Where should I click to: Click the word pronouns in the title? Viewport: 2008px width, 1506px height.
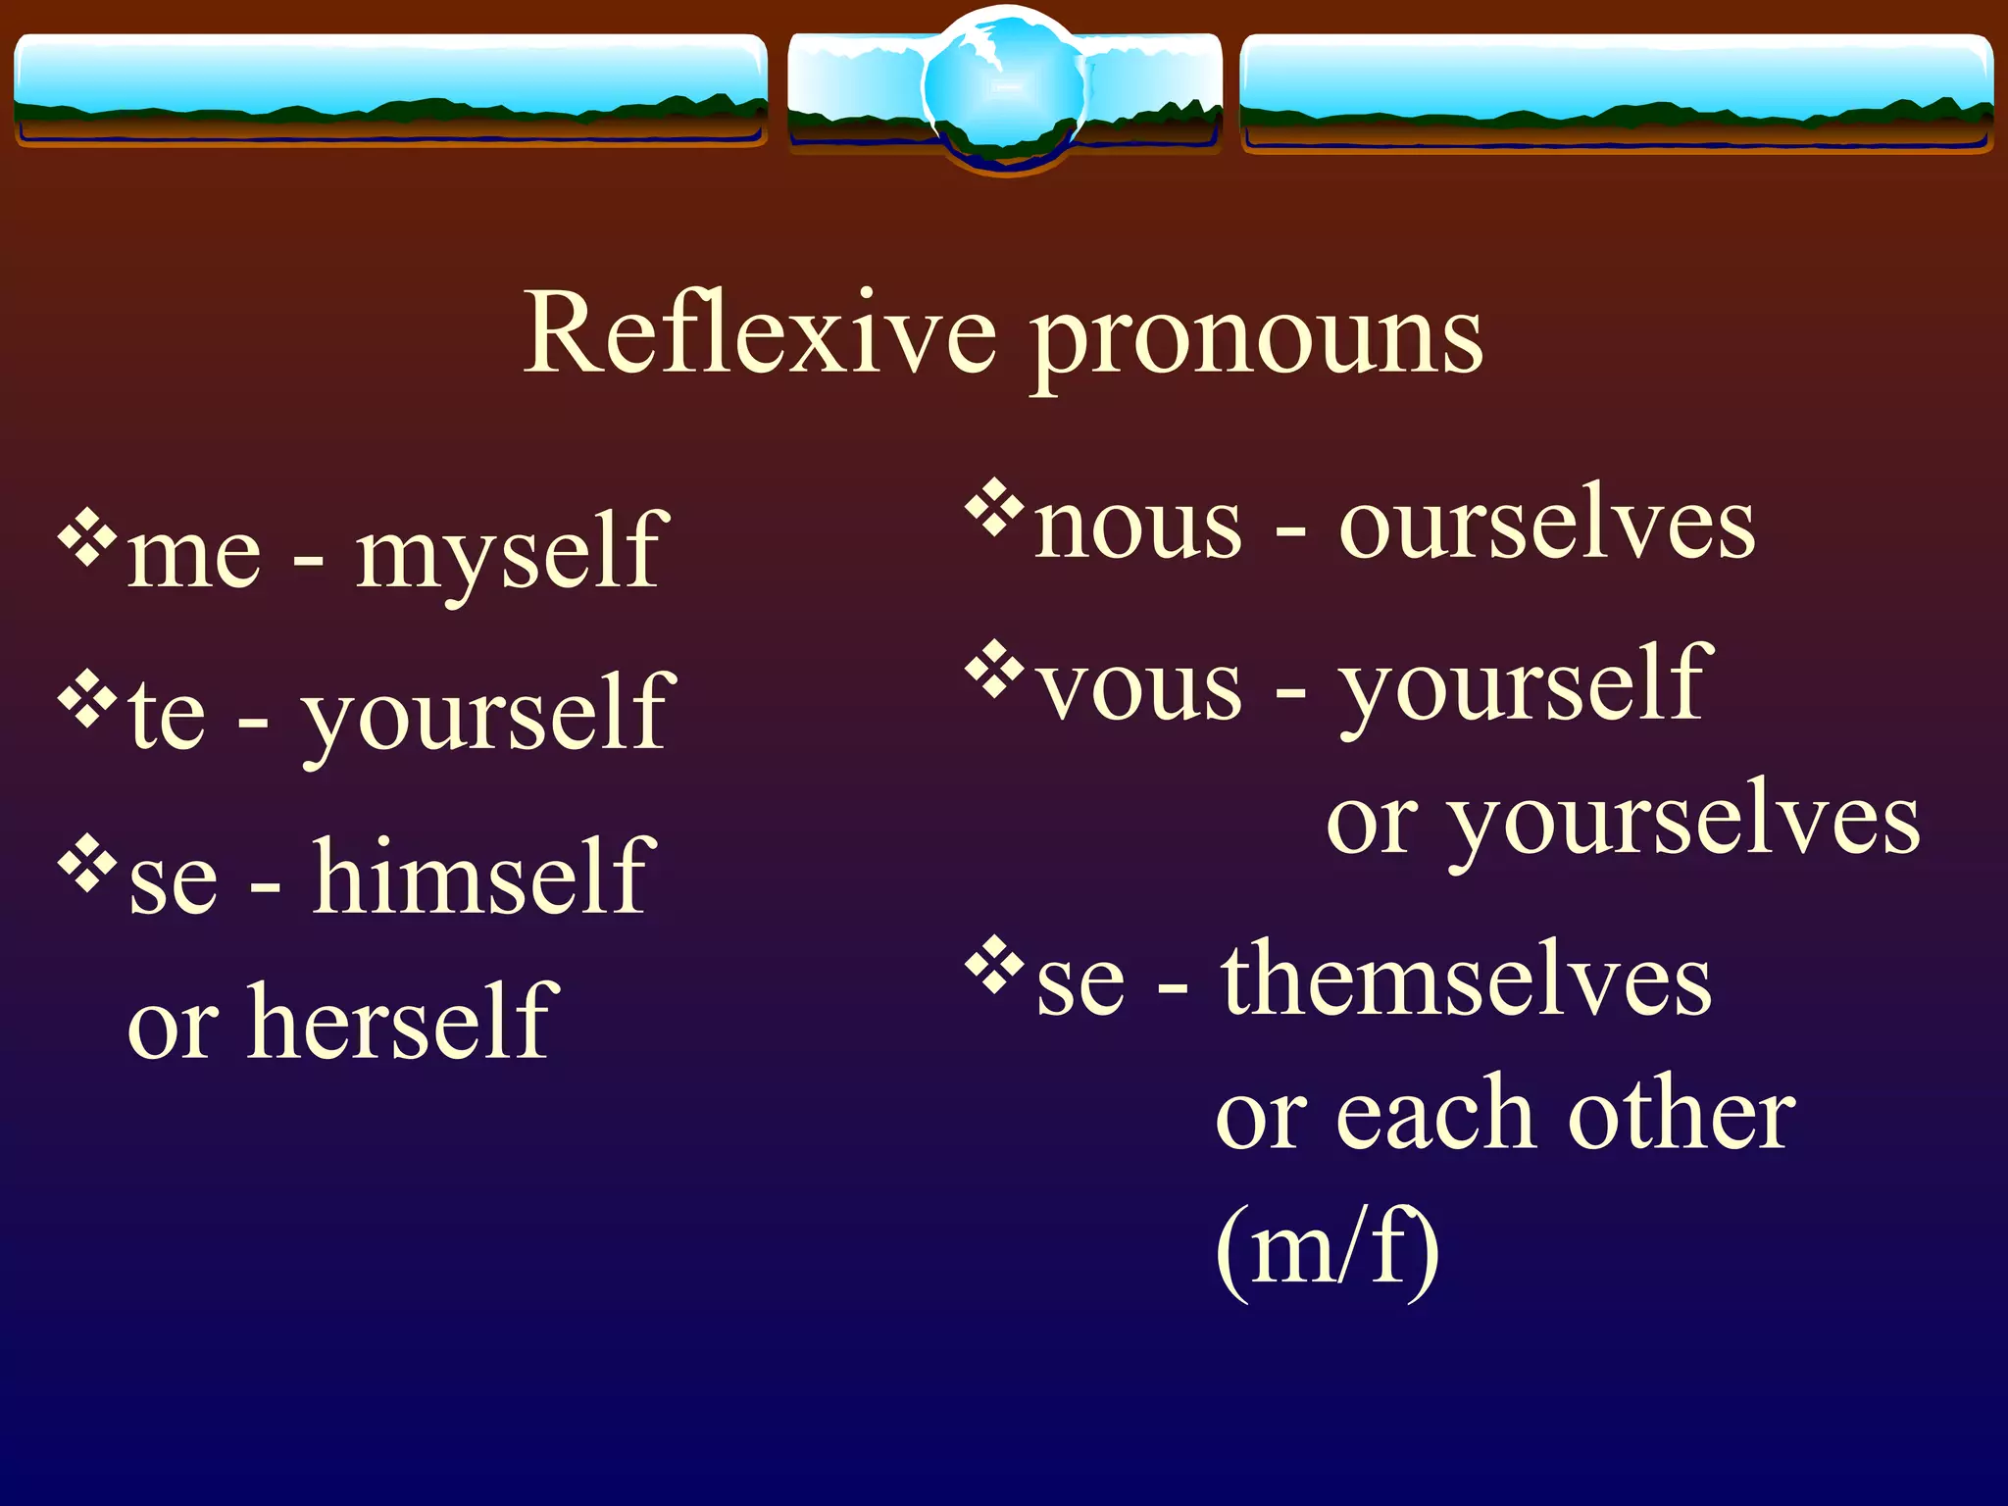1258,338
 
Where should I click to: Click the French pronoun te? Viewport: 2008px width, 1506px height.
167,716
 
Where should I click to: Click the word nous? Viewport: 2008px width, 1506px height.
1138,527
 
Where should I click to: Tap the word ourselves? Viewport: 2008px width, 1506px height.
1547,526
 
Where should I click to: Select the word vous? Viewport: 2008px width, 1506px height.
1139,688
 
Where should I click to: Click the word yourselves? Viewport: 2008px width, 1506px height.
1683,824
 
